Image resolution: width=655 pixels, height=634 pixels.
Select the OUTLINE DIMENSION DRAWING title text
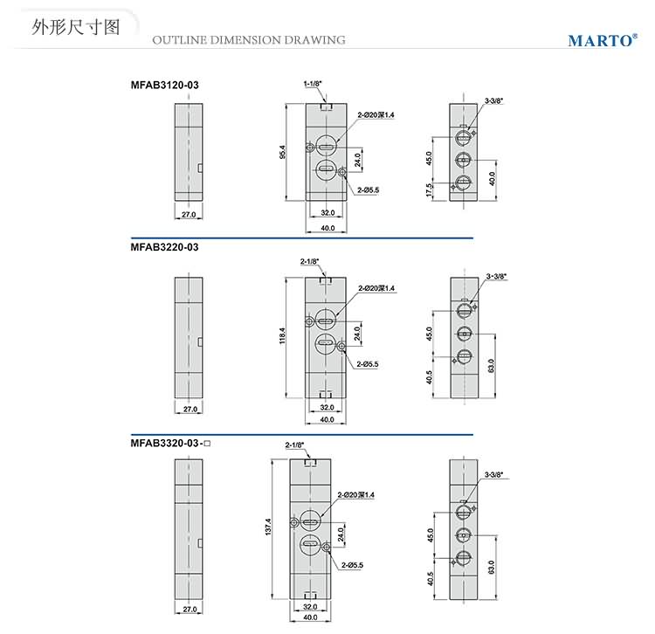click(249, 39)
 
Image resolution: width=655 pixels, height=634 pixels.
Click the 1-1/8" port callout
click(313, 84)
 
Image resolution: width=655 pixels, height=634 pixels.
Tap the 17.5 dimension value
click(429, 190)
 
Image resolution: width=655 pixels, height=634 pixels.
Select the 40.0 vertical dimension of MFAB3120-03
click(493, 178)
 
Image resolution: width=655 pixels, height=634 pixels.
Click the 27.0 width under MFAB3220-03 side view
click(188, 409)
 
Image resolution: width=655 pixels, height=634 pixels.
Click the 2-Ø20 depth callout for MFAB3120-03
click(376, 115)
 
